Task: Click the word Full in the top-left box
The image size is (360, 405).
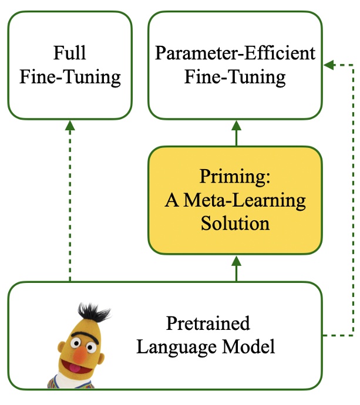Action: (70, 53)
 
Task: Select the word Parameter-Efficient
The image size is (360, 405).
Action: (235, 53)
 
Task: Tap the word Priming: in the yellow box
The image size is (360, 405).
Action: (235, 177)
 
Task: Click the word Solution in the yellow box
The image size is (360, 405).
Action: (235, 223)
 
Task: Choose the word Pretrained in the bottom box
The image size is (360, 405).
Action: (208, 323)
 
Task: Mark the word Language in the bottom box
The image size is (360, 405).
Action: (174, 346)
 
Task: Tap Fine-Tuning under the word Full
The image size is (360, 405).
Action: (70, 77)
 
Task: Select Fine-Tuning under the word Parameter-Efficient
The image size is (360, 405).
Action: (235, 77)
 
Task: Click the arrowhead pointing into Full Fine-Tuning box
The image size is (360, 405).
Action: (70, 124)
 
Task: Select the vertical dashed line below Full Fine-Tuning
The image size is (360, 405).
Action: (70, 205)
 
